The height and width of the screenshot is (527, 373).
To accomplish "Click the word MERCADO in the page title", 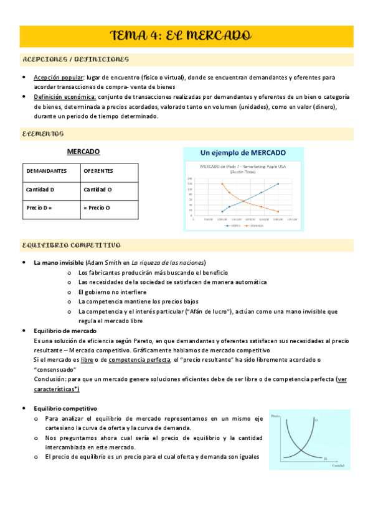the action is coord(217,35).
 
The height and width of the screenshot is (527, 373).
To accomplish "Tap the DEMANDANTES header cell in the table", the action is coord(46,170).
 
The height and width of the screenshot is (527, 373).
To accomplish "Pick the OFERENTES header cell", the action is coord(98,170).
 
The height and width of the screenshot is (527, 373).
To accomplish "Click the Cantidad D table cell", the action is coord(40,189).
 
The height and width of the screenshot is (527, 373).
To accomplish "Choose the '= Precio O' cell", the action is coord(97,208).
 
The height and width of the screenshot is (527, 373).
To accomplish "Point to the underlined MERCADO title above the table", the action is coord(83,152).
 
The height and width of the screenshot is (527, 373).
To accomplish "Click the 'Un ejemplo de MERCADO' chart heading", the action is coord(243,153).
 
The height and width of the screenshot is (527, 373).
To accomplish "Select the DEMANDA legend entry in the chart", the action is coord(255,225).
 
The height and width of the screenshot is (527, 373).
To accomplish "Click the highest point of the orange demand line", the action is coord(222,184).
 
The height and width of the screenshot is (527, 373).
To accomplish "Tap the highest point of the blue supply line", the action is coord(278,184).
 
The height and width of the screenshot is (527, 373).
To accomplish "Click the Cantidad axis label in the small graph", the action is coord(338,465).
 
